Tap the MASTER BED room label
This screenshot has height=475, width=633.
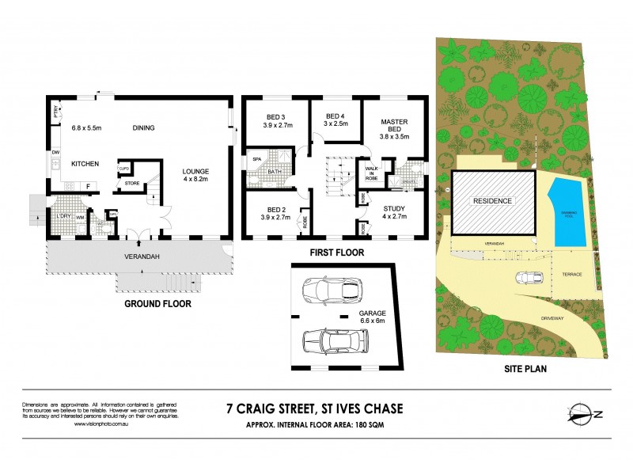point(393,127)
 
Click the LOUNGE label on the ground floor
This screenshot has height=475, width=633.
point(196,174)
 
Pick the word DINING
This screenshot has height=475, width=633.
point(143,128)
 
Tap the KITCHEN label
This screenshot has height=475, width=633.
point(85,163)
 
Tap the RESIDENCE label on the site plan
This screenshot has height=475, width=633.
point(492,201)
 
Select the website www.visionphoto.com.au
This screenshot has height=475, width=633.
point(101,424)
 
